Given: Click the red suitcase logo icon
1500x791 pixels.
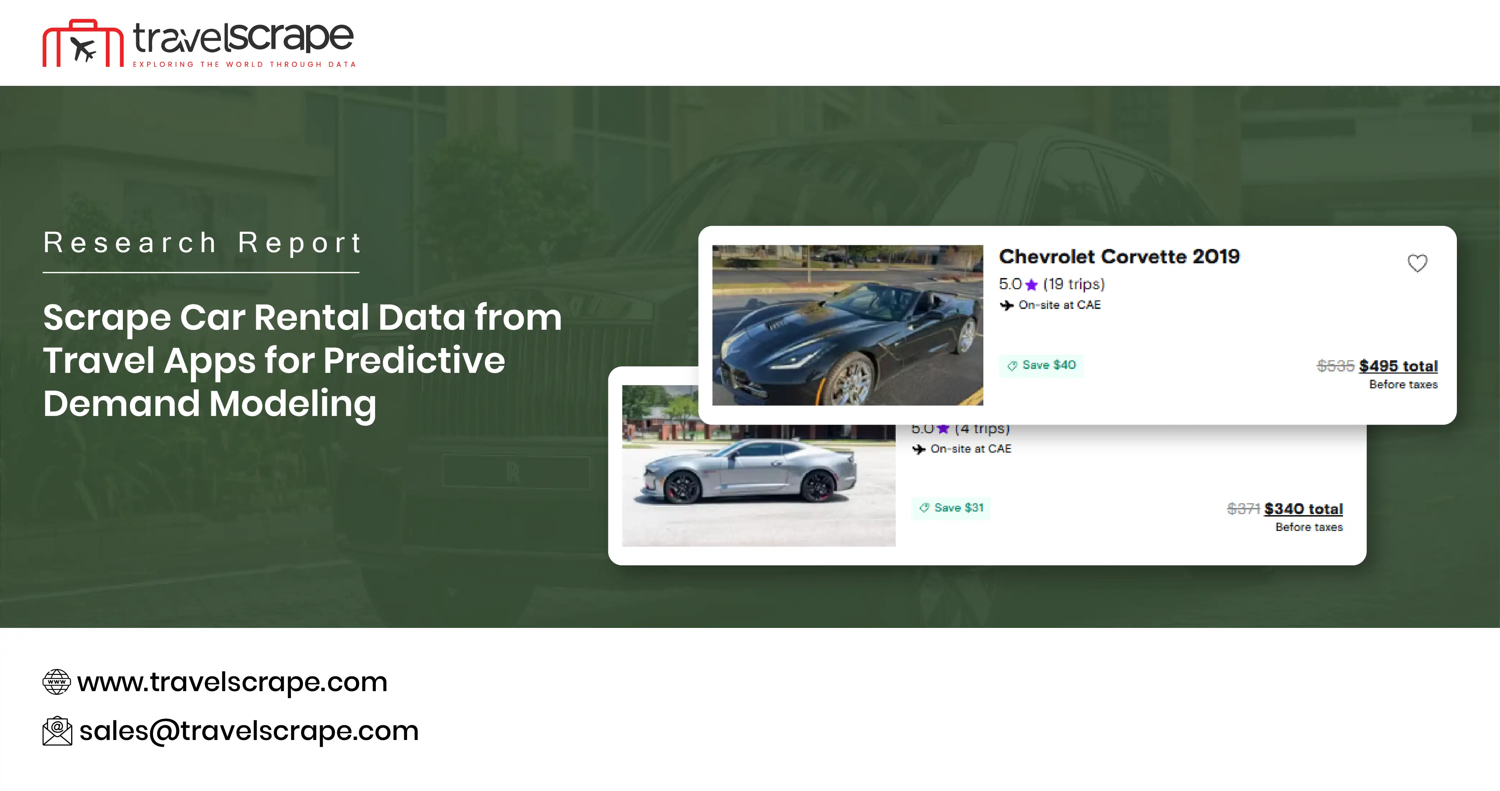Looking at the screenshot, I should (x=83, y=44).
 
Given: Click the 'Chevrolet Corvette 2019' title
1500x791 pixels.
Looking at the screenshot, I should (x=1119, y=257).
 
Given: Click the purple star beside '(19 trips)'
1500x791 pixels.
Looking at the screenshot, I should (x=1031, y=285).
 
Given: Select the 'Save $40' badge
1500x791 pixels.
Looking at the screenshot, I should (x=1041, y=366).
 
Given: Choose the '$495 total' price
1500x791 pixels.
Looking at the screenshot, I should (x=1398, y=366).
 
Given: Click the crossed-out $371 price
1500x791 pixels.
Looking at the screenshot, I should (x=1243, y=509).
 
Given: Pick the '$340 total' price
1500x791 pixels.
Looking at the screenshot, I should (x=1303, y=509).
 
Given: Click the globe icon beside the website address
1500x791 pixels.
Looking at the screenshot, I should (x=56, y=681).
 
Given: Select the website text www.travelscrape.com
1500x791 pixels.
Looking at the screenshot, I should (x=232, y=681).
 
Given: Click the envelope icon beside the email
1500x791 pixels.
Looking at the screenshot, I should (x=57, y=731).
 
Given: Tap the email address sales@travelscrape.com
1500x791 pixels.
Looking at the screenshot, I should (x=249, y=731).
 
